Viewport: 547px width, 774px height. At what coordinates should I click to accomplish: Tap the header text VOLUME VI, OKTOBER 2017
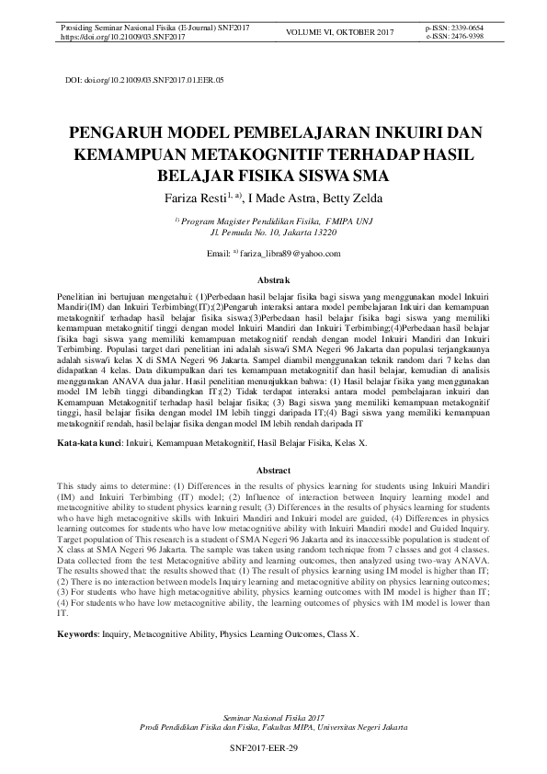pos(341,34)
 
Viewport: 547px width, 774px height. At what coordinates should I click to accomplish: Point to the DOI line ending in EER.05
pos(144,81)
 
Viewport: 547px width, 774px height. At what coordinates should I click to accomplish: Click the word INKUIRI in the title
pos(390,131)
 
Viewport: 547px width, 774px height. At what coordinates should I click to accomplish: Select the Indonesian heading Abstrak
pos(273,279)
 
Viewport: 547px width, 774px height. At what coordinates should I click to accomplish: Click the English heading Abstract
pos(273,470)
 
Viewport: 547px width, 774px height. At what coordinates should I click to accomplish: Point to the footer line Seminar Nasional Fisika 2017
pos(273,714)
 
